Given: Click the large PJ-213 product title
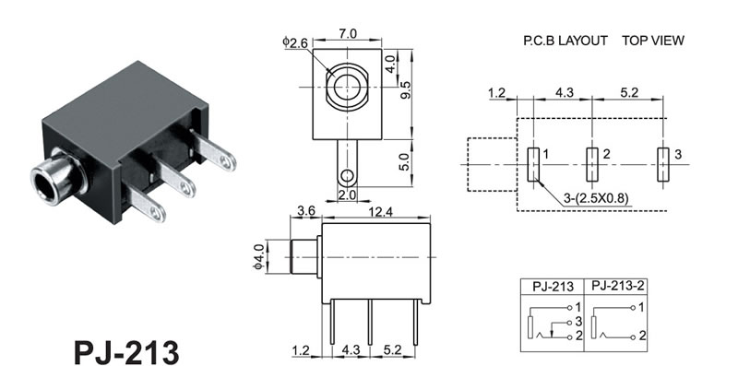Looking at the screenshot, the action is [126, 351].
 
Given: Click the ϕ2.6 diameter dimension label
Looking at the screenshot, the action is [295, 42].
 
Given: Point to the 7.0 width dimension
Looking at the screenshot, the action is [348, 34].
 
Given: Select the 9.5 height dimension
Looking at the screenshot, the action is [406, 89].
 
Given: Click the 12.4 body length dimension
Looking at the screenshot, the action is [380, 212].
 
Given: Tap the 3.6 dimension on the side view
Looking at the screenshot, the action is [306, 211].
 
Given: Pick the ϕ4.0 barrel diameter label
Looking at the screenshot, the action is [259, 256].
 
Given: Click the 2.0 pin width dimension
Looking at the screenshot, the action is [348, 195].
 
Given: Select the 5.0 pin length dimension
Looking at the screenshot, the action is [406, 161].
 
